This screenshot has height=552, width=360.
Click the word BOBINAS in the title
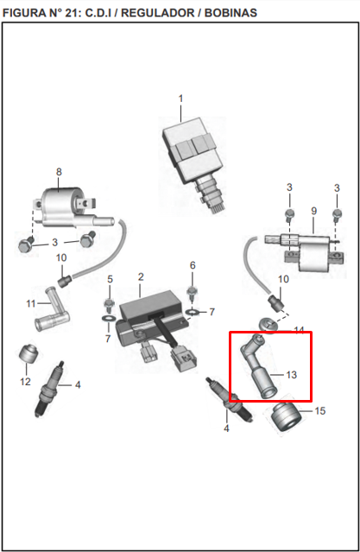point(231,13)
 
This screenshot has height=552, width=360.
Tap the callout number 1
point(181,98)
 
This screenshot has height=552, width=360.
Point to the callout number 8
point(59,172)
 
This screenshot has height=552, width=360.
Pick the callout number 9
point(314,211)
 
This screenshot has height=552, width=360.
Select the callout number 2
point(141,276)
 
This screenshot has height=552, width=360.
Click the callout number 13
point(292,375)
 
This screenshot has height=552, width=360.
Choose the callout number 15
point(320,411)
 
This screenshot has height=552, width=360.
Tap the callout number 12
point(25,382)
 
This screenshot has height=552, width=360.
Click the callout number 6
point(193,265)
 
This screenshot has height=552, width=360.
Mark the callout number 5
point(111,279)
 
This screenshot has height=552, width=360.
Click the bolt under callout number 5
point(109,305)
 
